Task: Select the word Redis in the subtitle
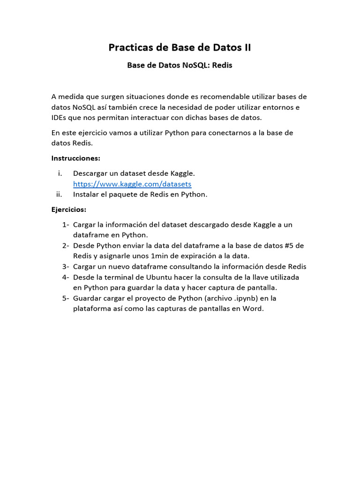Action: click(x=222, y=66)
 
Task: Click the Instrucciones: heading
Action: click(x=76, y=158)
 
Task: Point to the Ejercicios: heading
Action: click(x=69, y=209)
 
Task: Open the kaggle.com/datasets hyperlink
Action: click(x=132, y=184)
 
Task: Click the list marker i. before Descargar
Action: click(x=60, y=173)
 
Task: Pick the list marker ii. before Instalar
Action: click(x=59, y=194)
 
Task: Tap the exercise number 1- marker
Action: click(x=66, y=225)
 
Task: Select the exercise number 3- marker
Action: click(x=66, y=267)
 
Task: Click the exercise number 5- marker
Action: click(x=66, y=298)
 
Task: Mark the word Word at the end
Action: click(x=253, y=308)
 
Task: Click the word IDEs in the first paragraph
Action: click(x=60, y=117)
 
